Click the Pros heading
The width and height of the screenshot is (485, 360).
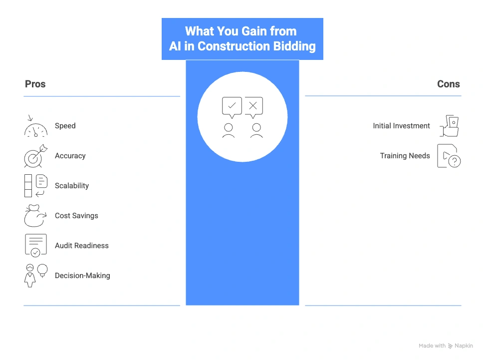[x=35, y=84]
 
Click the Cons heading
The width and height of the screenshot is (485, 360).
[x=448, y=84]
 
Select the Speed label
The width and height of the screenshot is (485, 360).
[x=65, y=126]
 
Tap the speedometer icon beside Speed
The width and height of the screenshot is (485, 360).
[x=35, y=126]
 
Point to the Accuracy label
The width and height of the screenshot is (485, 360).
[x=70, y=156]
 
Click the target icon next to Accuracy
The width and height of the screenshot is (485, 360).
[x=35, y=156]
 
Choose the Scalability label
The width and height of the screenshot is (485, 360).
[x=72, y=186]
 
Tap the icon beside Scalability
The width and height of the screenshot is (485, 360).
[x=35, y=186]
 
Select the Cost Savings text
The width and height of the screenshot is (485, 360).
[x=76, y=216]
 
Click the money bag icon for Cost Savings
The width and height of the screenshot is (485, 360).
[x=35, y=216]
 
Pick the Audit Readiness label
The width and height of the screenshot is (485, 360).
[x=82, y=246]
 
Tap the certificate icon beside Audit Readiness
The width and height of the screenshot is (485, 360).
[x=35, y=246]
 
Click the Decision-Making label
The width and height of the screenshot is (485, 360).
[x=82, y=276]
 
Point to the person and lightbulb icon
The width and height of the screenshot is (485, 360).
[x=35, y=275]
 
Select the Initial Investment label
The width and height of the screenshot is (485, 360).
[x=401, y=126]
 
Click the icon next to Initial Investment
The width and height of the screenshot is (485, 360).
[x=449, y=126]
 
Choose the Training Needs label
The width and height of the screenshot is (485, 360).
[x=405, y=156]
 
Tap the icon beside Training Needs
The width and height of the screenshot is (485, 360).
[x=449, y=156]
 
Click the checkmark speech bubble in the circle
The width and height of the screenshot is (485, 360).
[x=232, y=107]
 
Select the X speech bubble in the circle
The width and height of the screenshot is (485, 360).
[x=253, y=107]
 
